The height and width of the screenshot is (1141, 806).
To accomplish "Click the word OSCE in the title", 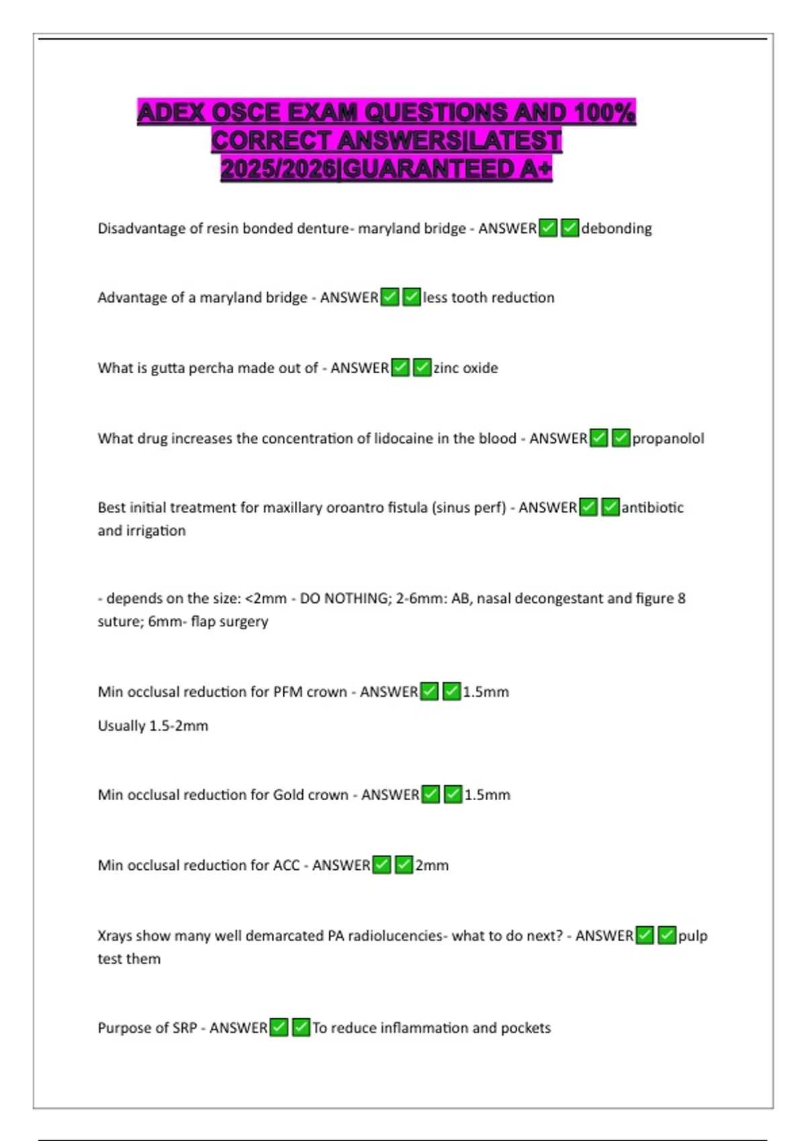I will tap(245, 112).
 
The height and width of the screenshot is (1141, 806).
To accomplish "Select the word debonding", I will tap(617, 229).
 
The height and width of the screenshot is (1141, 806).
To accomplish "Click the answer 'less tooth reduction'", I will tap(488, 298).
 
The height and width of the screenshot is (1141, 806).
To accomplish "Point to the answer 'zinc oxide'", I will tap(465, 368).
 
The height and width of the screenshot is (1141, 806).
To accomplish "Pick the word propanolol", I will tap(668, 439).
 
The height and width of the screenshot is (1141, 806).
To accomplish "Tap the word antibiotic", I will tap(652, 508).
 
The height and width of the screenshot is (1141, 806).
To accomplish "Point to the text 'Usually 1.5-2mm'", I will tap(153, 726).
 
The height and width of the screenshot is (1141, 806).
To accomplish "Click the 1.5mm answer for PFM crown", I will tap(486, 692).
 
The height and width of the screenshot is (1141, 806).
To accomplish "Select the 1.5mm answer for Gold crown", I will tap(487, 795).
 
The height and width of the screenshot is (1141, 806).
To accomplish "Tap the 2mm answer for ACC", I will tap(432, 866).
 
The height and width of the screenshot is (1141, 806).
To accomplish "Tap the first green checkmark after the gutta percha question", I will tap(400, 368).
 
